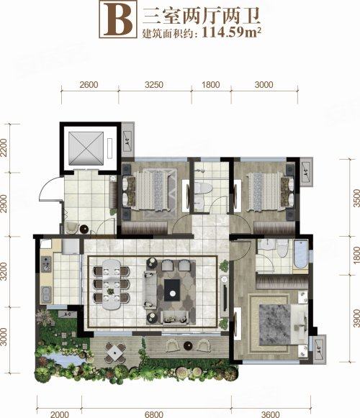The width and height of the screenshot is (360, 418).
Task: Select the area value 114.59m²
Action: coord(230,32)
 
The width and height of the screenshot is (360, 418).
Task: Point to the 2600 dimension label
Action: coord(89,84)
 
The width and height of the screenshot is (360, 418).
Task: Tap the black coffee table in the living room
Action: coord(172,289)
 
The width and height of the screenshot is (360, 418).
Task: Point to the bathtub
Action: coord(300,255)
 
